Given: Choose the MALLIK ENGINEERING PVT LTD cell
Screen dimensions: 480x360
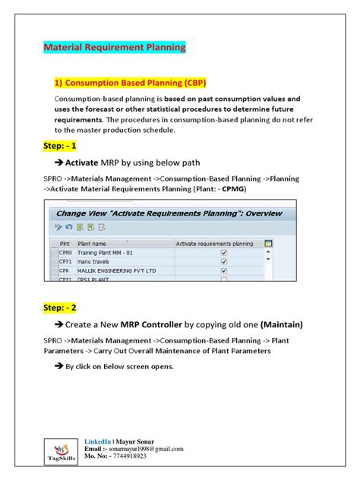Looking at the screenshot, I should (x=116, y=270).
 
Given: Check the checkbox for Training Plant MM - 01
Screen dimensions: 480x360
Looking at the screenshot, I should (x=223, y=253).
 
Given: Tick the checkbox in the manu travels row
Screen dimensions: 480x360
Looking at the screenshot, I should (x=223, y=261).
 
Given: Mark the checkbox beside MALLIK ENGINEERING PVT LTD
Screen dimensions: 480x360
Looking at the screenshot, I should (x=223, y=270).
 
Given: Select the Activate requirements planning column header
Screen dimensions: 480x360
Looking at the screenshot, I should (x=214, y=244).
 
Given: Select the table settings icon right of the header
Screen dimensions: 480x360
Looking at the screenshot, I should (x=268, y=244).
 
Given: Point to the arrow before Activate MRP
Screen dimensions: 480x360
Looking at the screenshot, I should (x=58, y=163).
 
